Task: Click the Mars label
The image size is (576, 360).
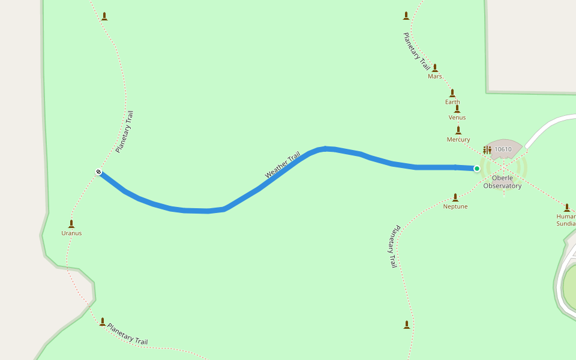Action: click(x=435, y=76)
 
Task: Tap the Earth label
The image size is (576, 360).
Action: click(x=452, y=102)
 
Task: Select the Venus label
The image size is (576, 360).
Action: click(x=457, y=118)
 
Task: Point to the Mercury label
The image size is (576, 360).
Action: click(x=458, y=140)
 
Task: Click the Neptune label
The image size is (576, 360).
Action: click(x=455, y=206)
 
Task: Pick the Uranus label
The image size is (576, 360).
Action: click(x=71, y=233)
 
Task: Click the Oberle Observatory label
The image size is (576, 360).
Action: click(x=503, y=182)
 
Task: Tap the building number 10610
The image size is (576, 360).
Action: click(x=503, y=149)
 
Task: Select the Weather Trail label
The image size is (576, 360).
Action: click(x=283, y=165)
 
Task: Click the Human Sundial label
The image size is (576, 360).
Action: click(x=566, y=220)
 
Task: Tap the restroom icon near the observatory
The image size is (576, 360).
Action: click(x=487, y=149)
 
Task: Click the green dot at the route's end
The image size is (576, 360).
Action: click(x=477, y=169)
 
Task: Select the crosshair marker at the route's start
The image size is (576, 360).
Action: click(x=98, y=172)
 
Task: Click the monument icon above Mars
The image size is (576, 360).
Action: click(x=435, y=68)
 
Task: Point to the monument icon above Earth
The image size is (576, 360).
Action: click(x=452, y=93)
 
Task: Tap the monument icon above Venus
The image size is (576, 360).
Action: click(x=457, y=109)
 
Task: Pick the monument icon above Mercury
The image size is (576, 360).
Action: click(x=458, y=130)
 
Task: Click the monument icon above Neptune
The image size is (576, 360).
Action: click(x=455, y=197)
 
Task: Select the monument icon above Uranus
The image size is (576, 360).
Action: click(x=71, y=224)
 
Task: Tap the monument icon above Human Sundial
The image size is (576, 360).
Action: click(x=567, y=208)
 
